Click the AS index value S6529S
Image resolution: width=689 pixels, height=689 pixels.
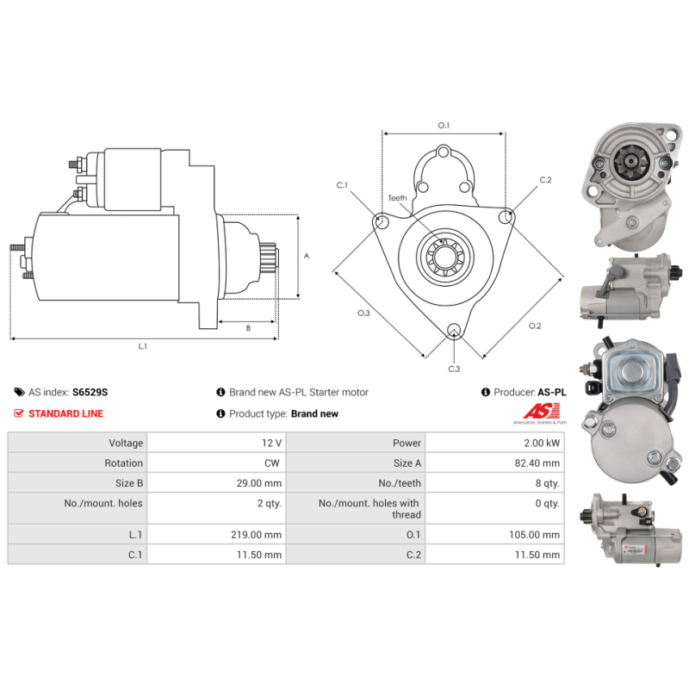tap(90, 392)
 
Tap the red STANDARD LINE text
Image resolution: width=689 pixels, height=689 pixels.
tap(66, 413)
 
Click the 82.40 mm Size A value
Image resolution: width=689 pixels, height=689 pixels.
tap(537, 463)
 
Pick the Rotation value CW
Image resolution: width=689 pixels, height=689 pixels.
tap(272, 463)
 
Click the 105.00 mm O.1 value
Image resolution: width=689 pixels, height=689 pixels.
tap(534, 535)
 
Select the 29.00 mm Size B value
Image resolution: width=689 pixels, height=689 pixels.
tap(259, 483)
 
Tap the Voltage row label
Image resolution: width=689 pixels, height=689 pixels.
tap(126, 443)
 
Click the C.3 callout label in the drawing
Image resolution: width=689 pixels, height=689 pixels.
tap(454, 369)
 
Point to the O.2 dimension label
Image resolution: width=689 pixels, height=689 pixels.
tap(535, 326)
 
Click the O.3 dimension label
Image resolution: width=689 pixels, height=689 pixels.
tap(363, 313)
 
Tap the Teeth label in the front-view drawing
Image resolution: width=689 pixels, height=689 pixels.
tap(397, 198)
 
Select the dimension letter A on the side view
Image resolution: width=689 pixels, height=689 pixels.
tap(307, 256)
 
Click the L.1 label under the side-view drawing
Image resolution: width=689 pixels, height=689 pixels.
tap(143, 346)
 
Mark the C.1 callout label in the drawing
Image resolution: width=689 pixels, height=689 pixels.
tap(342, 185)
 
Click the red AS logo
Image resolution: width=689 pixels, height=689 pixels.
tap(541, 412)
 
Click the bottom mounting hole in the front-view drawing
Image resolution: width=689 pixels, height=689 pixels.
tap(454, 331)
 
